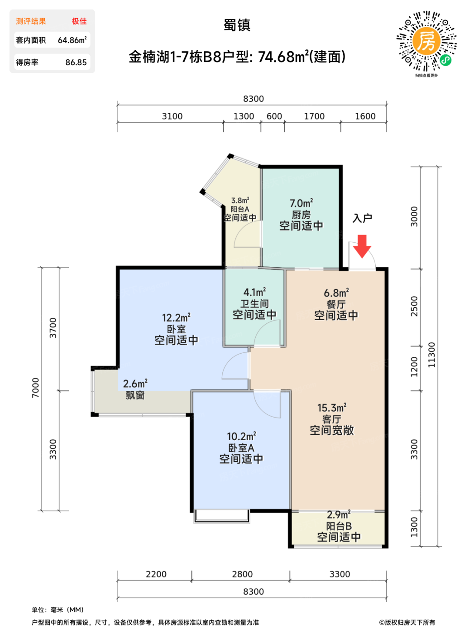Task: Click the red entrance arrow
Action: [362, 246]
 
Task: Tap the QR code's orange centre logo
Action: [426, 42]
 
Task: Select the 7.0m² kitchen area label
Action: [301, 203]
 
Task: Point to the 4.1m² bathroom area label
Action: [254, 292]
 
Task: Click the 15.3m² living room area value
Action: [332, 408]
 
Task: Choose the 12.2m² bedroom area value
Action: [176, 318]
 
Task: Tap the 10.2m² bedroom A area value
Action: [241, 436]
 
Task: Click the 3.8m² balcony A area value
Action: [240, 200]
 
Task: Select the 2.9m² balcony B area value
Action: [339, 514]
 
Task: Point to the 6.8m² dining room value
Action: [336, 293]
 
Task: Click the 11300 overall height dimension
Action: [431, 355]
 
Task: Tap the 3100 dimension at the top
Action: [172, 116]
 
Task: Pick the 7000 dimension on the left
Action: [35, 388]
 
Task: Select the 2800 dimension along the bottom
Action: [242, 574]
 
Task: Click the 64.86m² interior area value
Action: [72, 40]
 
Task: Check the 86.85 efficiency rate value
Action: [76, 62]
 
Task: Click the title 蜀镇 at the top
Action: [237, 25]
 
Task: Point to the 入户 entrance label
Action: [362, 218]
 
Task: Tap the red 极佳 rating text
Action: [79, 21]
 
